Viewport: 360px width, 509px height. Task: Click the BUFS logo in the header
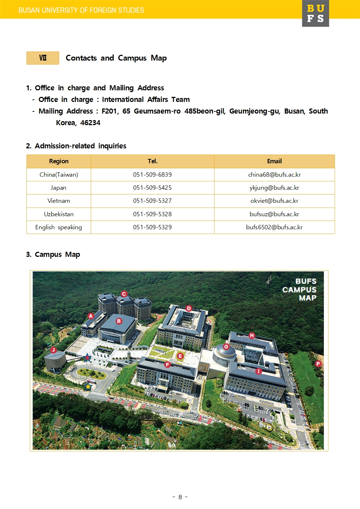pos(315,13)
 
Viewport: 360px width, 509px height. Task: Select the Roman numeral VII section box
pos(43,58)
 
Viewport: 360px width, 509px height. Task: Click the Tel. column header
pos(152,161)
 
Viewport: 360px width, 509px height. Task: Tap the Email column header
pos(274,161)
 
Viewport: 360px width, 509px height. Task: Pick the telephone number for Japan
pos(152,188)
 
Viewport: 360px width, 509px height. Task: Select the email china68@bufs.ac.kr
pos(274,175)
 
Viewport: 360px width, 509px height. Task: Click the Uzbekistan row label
pos(59,214)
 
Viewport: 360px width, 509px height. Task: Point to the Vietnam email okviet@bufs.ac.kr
pos(274,201)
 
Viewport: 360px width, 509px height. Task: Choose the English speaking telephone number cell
pos(152,227)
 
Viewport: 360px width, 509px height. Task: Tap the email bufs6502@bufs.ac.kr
pos(274,227)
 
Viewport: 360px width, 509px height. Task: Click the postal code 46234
pos(90,123)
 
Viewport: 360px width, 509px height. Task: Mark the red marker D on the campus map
pos(189,308)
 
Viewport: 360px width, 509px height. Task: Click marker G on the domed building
pos(226,346)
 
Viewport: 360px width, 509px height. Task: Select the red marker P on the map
pos(318,364)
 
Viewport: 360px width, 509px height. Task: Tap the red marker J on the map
pos(53,350)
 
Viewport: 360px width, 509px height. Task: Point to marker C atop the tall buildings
pos(124,294)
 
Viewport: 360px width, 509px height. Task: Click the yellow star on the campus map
pos(88,387)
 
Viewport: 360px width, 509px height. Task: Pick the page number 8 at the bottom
pos(180,497)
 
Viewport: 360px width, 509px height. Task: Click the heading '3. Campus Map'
pos(53,254)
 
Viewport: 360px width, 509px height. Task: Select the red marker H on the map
pos(252,335)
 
